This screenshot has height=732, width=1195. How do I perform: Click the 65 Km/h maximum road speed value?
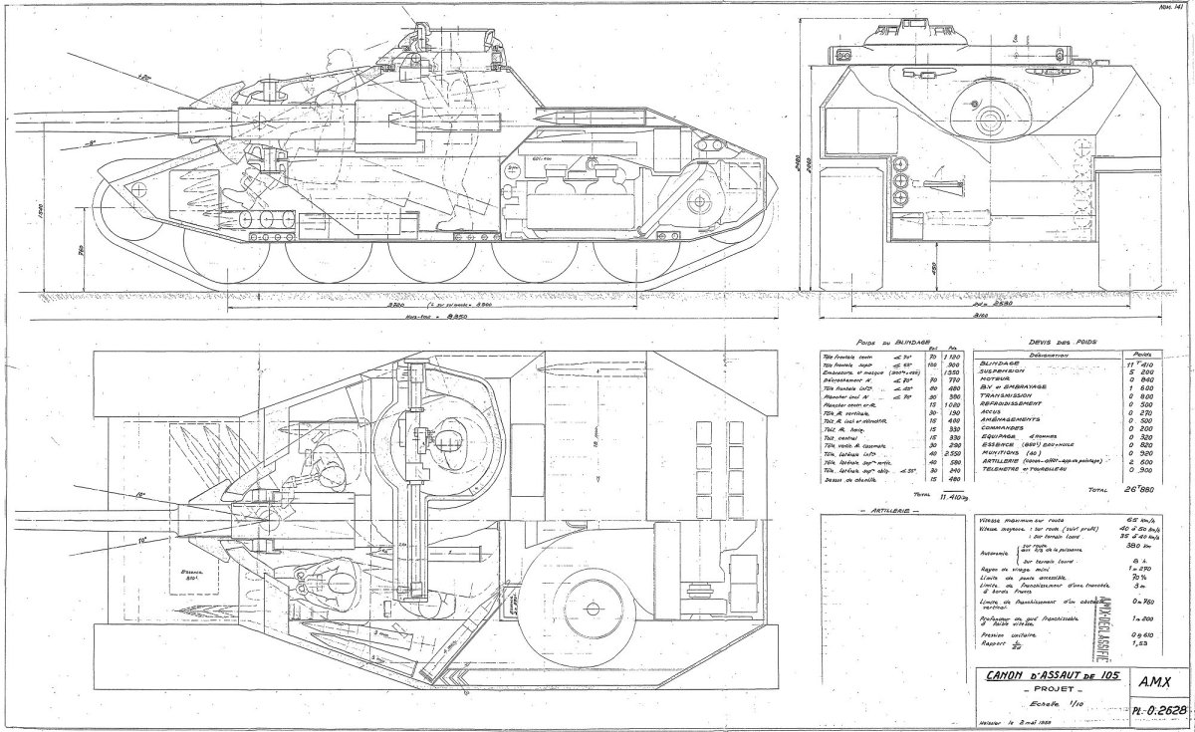1141,521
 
